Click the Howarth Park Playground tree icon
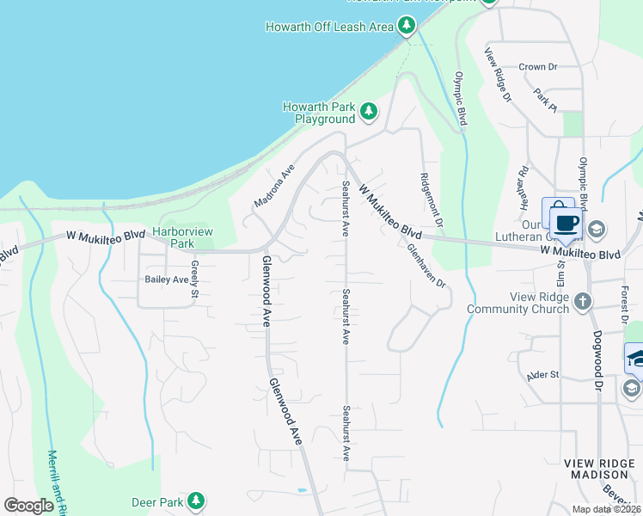coord(369,112)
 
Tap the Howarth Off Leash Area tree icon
coord(407,27)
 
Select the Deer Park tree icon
coord(196,501)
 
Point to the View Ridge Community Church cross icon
coord(584,301)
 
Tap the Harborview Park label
coord(182,237)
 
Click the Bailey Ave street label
coord(167,279)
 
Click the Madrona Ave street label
coord(274,186)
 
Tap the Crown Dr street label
coord(538,66)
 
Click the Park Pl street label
coord(545,99)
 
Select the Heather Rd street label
coord(523,184)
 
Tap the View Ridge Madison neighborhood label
coord(597,469)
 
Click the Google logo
coord(29,506)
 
